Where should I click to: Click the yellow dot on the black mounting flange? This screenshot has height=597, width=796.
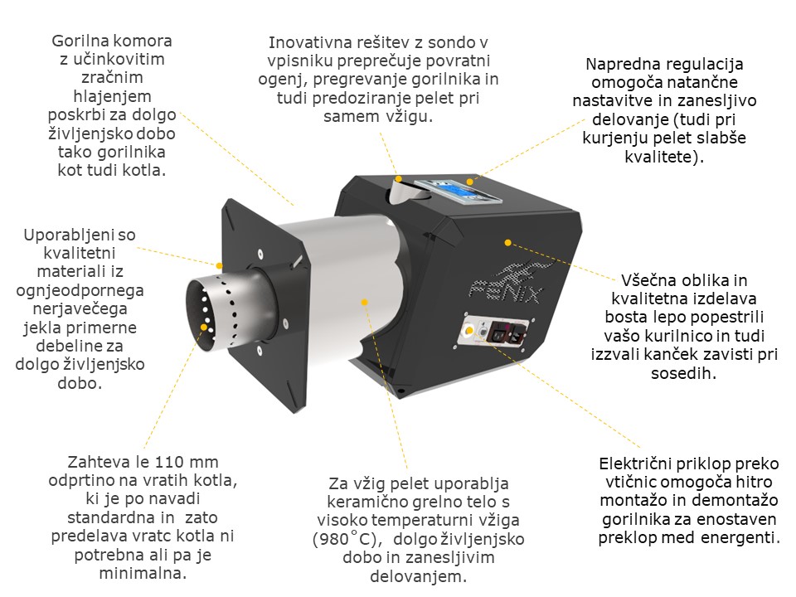point(219,265)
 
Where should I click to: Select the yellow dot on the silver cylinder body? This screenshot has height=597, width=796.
point(364,302)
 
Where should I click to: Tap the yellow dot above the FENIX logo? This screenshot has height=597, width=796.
point(507,243)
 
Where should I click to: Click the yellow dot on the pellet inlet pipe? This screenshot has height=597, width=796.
point(399,179)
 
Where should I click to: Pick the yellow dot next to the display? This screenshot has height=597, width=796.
point(470,182)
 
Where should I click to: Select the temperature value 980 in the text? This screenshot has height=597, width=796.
point(336,539)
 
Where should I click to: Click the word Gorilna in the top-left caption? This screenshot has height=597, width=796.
point(78,41)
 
